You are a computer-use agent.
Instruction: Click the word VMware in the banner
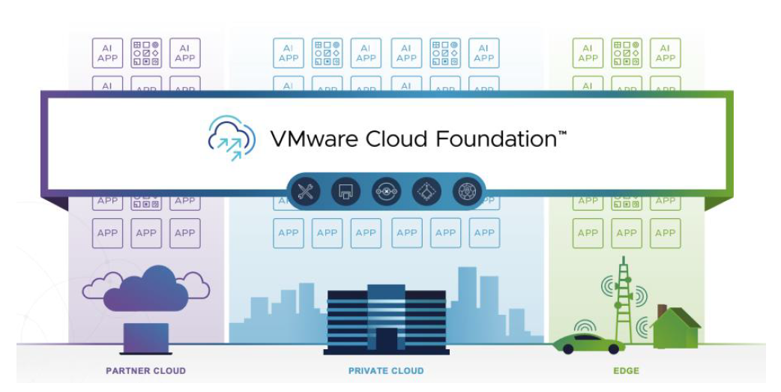pos(309,139)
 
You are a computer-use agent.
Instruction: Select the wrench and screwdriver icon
pos(306,192)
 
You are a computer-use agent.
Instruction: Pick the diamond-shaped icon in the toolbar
pos(426,192)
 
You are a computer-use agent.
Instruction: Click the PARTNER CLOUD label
pos(145,370)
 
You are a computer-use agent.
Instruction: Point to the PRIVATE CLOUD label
pos(386,370)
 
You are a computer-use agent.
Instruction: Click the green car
pos(588,344)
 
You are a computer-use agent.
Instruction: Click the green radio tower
pos(623,300)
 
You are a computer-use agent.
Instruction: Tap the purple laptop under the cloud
pos(145,337)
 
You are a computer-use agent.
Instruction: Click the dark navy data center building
pos(386,319)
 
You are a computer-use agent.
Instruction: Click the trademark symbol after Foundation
pos(561,133)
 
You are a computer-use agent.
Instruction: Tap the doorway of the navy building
pos(387,339)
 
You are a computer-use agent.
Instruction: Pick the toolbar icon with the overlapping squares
pos(346,192)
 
